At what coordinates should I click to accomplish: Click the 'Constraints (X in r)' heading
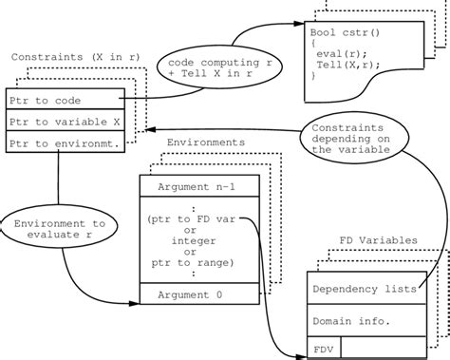click(x=75, y=58)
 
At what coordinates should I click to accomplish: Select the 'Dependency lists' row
click(x=365, y=288)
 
